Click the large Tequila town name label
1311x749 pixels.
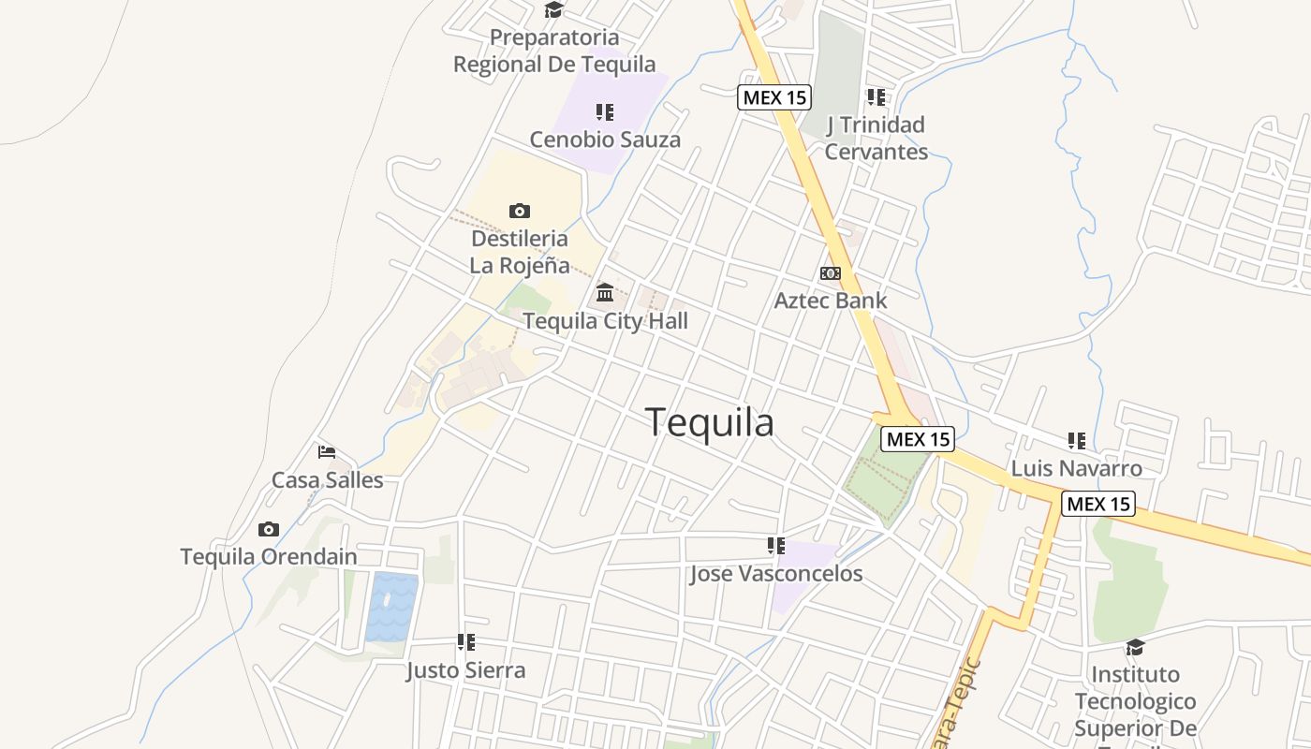coord(709,423)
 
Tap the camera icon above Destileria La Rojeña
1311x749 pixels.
coord(519,211)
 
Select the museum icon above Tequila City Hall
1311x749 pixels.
coord(605,293)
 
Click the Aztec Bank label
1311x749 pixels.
coord(830,301)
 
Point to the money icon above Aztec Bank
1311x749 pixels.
coord(830,273)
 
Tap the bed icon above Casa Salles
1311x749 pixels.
coord(326,452)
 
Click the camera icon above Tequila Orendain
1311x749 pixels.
coord(269,529)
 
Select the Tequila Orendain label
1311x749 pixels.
coord(269,556)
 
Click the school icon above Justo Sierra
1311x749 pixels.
coord(465,642)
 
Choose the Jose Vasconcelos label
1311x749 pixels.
coord(776,573)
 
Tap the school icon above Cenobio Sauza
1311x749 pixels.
coord(605,112)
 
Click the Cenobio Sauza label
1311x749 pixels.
coord(605,140)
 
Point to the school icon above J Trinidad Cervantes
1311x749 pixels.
coord(876,96)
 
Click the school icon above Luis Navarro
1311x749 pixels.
coord(1076,440)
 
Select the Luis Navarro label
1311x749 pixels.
coord(1076,468)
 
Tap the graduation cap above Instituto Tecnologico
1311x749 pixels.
coord(1135,647)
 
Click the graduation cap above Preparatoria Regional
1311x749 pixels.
coord(554,10)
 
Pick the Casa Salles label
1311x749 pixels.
coord(328,480)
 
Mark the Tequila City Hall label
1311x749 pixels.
coord(605,321)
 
